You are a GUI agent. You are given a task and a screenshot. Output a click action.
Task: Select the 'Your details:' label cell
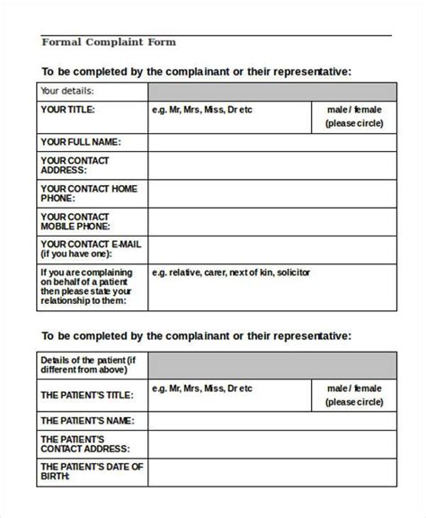pos(68,91)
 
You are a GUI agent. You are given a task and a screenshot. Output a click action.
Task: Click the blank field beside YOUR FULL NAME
pos(271,142)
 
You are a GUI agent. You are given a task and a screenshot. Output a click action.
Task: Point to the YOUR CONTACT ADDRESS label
pos(75,165)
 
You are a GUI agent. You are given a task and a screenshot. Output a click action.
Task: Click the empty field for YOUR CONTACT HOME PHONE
pos(271,194)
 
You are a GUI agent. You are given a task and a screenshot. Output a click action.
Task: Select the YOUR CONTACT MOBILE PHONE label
pos(75,222)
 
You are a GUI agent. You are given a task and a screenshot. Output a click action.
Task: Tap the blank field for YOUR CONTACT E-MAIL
pos(271,250)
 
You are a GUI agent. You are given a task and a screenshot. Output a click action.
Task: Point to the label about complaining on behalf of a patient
pos(86,287)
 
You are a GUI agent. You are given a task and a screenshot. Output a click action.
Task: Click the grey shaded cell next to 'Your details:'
pos(271,91)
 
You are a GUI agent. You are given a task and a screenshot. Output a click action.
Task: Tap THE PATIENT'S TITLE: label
pos(87,395)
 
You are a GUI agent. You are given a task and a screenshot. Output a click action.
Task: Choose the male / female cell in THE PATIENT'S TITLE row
pos(353,395)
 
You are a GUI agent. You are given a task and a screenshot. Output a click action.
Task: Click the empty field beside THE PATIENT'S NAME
pos(271,421)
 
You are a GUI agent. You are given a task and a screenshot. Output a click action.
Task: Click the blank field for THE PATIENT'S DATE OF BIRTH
pos(271,474)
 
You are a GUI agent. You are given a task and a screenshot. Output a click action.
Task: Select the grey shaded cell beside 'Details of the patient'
pos(271,366)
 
